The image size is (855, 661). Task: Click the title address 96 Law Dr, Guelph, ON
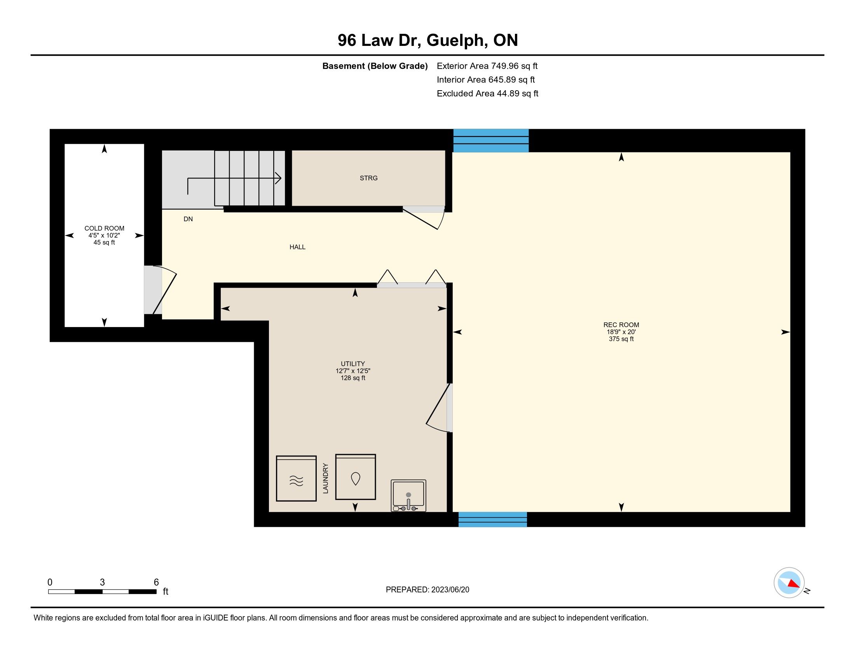[427, 40]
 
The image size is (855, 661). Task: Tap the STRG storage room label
[368, 178]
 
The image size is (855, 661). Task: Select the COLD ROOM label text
[104, 228]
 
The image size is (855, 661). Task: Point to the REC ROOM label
[621, 325]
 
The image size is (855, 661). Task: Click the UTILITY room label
[353, 364]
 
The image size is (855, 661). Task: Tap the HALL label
[298, 247]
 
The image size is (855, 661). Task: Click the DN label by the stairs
[188, 219]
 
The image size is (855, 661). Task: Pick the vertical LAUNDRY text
[326, 478]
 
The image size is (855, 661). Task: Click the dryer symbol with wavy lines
[297, 479]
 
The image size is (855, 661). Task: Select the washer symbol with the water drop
[356, 477]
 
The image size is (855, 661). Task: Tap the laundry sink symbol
[408, 496]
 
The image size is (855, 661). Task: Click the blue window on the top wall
[491, 141]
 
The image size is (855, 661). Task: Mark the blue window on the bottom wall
[492, 519]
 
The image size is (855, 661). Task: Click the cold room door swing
[164, 290]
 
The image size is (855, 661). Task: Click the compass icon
[789, 583]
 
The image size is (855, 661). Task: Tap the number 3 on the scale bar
[102, 582]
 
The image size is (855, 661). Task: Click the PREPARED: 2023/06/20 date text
[427, 590]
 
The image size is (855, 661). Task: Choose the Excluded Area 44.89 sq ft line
[487, 94]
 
